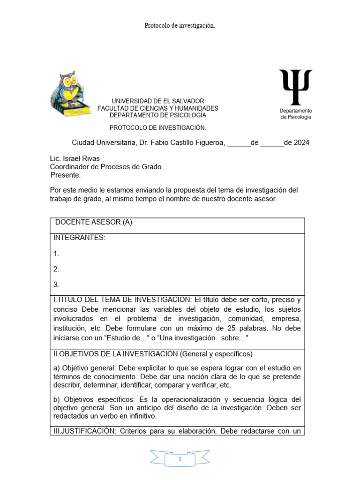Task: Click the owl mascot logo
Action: pos(71,94)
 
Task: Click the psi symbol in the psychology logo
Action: pos(295,87)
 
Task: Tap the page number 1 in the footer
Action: pos(180,460)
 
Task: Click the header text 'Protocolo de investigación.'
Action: pos(180,26)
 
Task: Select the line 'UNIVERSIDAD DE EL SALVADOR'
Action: pos(157,101)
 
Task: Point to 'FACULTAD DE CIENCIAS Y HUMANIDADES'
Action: pos(157,108)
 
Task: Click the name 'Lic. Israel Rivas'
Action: pos(75,158)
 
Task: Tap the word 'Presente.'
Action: pos(66,175)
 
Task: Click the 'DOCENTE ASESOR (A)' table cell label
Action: pos(94,223)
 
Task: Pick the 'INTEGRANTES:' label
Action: pos(79,238)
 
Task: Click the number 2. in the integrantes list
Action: pos(56,269)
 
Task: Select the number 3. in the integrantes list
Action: pos(56,284)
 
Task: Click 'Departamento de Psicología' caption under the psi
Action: pos(295,114)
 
